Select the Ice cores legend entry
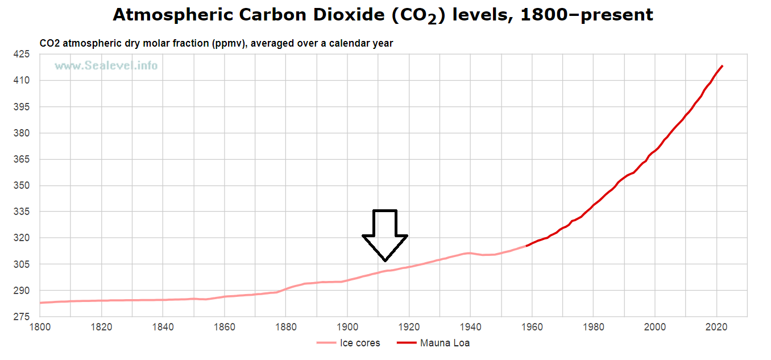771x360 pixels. (348, 343)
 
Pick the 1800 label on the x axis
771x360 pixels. (40, 328)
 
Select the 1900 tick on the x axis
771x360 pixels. (347, 328)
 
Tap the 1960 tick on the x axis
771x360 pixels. (532, 328)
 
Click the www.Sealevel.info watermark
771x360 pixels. (106, 66)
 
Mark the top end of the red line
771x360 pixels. (722, 66)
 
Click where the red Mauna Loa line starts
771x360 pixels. (527, 246)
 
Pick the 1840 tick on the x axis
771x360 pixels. (163, 328)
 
